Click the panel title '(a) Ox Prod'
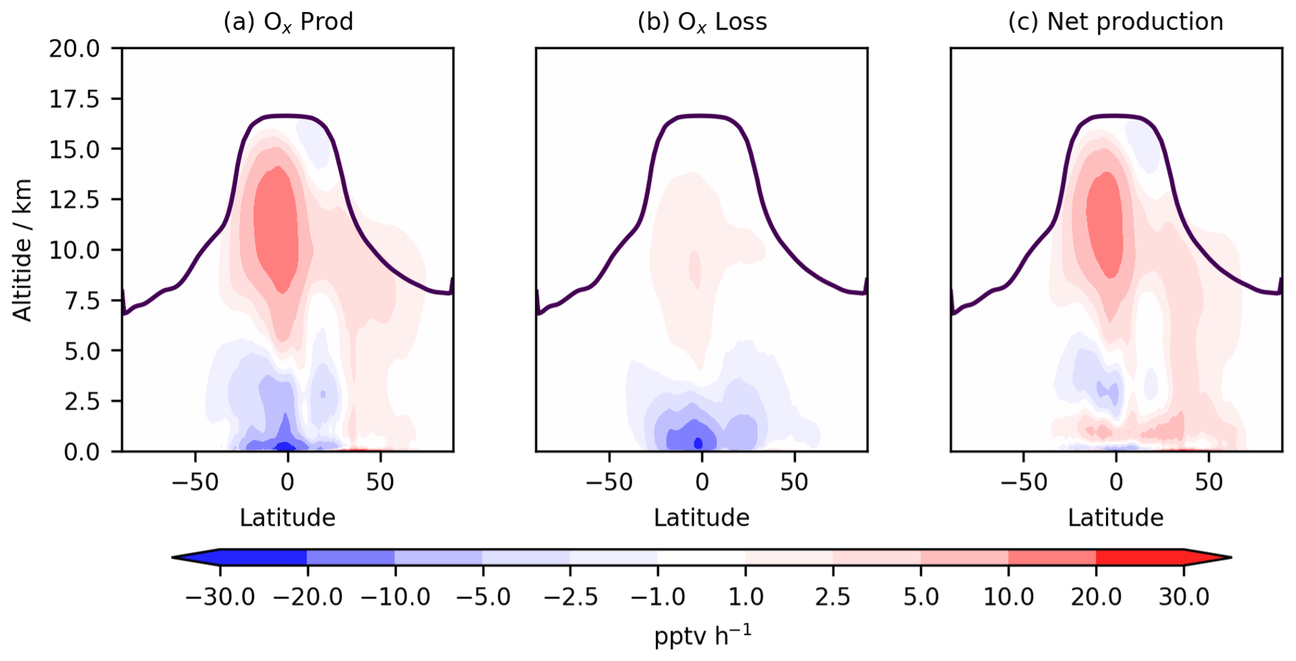(x=288, y=22)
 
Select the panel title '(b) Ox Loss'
(x=702, y=22)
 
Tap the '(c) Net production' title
(x=1115, y=22)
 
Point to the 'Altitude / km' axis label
(x=23, y=250)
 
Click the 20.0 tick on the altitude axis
(x=74, y=49)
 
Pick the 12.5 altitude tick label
(x=74, y=199)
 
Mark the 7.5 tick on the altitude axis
(x=82, y=301)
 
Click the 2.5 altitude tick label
(x=82, y=401)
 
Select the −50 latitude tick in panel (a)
(x=195, y=482)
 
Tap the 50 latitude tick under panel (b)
(x=794, y=482)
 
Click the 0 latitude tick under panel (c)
(x=1116, y=482)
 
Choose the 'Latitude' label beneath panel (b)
(x=702, y=517)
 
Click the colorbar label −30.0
(x=220, y=597)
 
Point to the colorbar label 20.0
(x=1096, y=597)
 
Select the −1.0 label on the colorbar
(x=657, y=597)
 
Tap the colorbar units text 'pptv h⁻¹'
(x=702, y=635)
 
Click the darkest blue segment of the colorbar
(x=263, y=557)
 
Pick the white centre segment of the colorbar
(x=701, y=557)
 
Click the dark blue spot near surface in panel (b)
(x=698, y=443)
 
